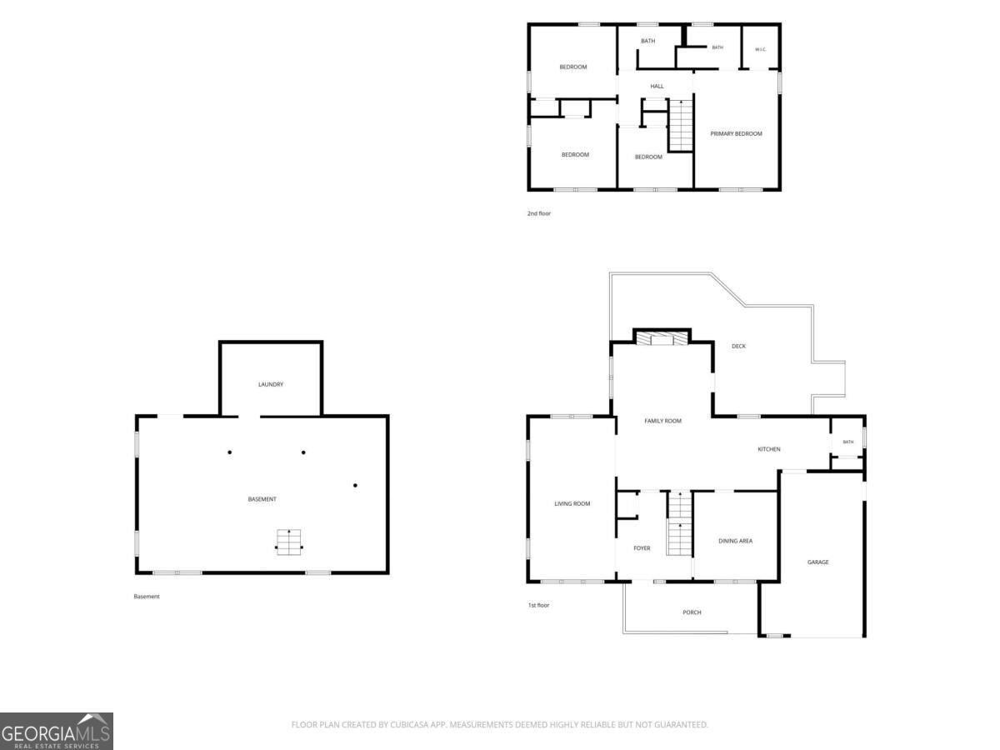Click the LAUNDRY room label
tap(271, 384)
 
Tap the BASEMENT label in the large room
tap(262, 499)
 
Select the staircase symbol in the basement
tap(289, 542)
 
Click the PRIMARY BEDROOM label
tap(736, 133)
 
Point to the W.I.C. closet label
tap(760, 49)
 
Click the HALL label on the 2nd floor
tap(657, 86)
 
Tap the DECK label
tap(738, 346)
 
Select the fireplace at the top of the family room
tap(662, 338)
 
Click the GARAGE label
tap(817, 562)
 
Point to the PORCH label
tap(692, 612)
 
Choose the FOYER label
tap(642, 548)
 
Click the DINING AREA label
tap(735, 541)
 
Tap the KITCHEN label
tap(769, 449)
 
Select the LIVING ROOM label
tap(572, 503)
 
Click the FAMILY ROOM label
tap(662, 421)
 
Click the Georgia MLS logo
tap(57, 731)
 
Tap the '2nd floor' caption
tap(539, 213)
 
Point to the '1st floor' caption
tap(538, 605)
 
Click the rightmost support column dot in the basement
tap(355, 486)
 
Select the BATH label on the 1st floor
tap(847, 442)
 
